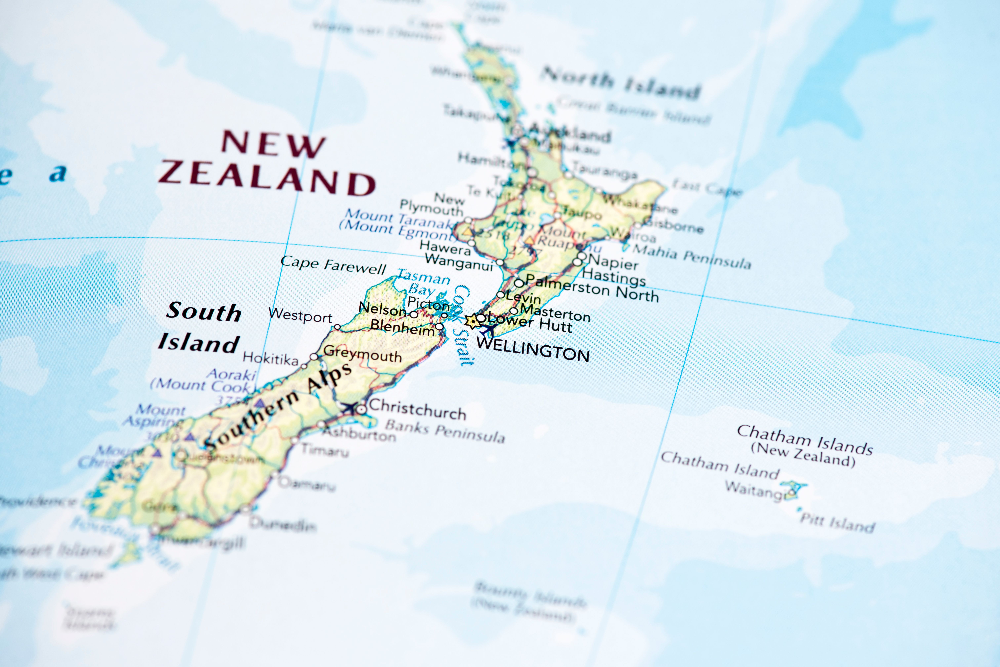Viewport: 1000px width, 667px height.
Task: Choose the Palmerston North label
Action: click(x=592, y=288)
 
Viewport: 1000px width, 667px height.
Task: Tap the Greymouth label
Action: click(x=362, y=354)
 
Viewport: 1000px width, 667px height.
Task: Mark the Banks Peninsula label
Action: click(x=445, y=431)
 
